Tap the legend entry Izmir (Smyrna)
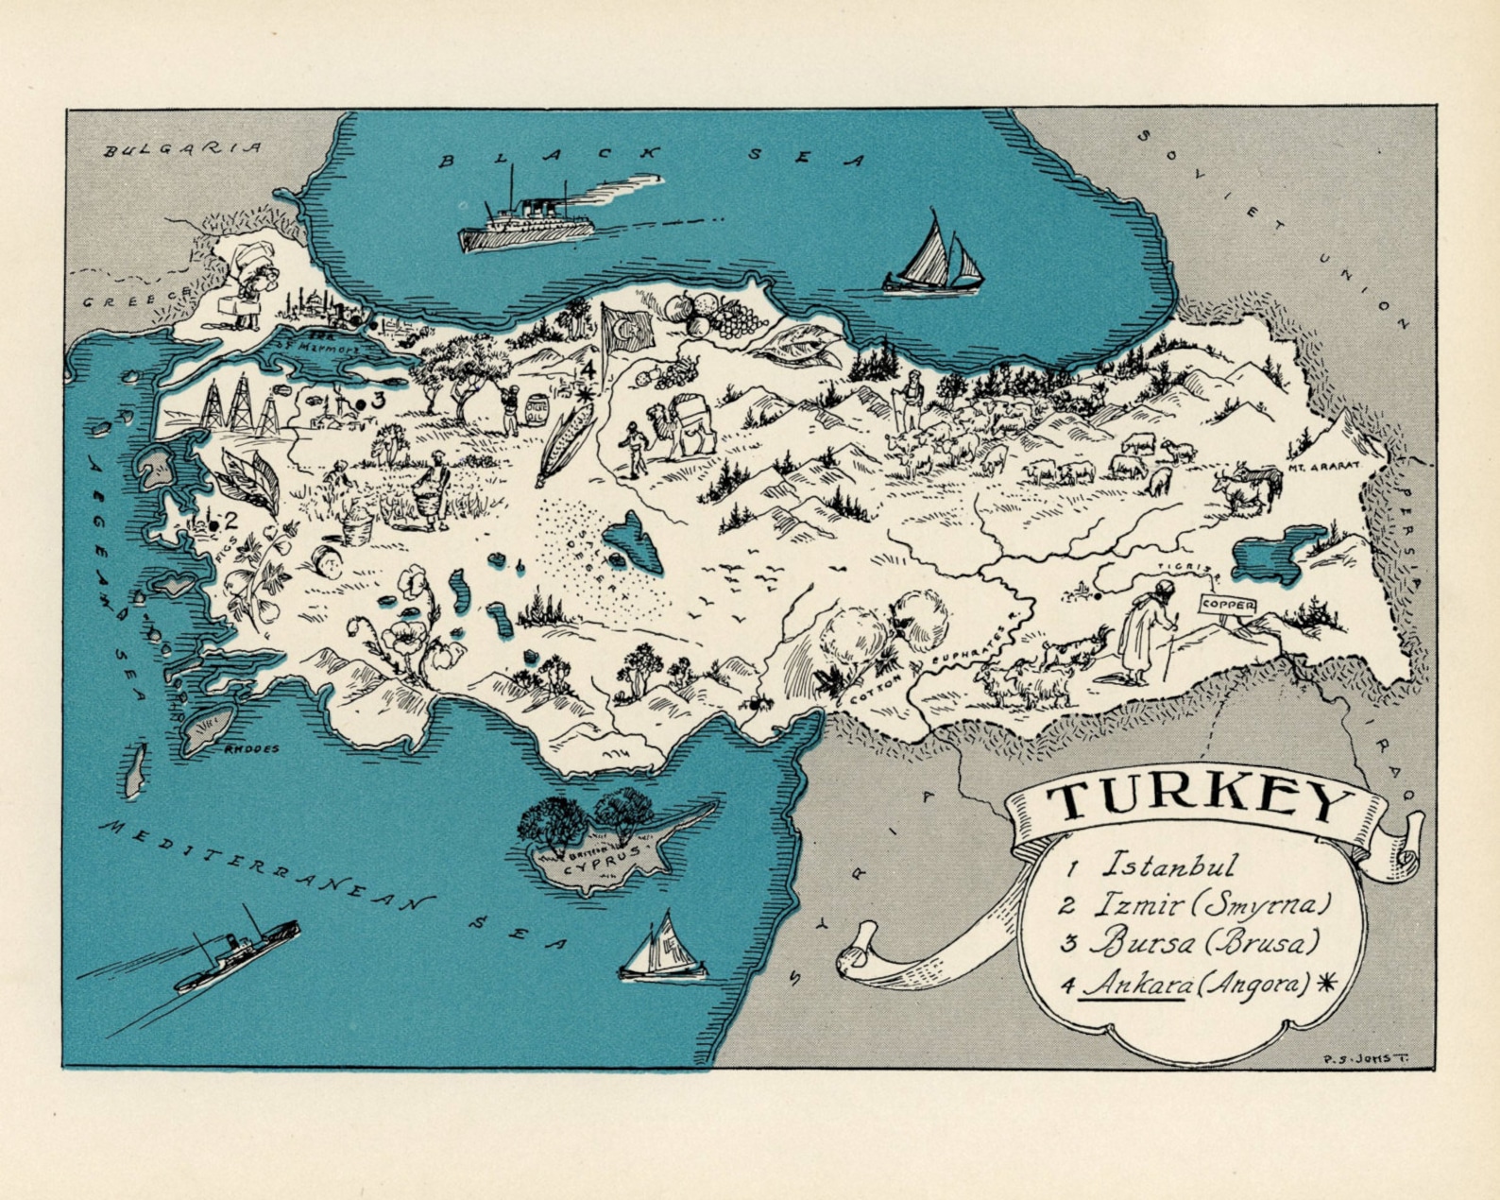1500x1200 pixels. tap(1213, 904)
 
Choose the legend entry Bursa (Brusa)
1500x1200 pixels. tap(1203, 943)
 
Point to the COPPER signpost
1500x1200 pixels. tap(1228, 605)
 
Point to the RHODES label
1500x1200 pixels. tap(252, 749)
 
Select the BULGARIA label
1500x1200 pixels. tap(182, 149)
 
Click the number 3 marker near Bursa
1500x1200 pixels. tap(378, 401)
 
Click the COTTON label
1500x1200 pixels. tap(876, 689)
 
